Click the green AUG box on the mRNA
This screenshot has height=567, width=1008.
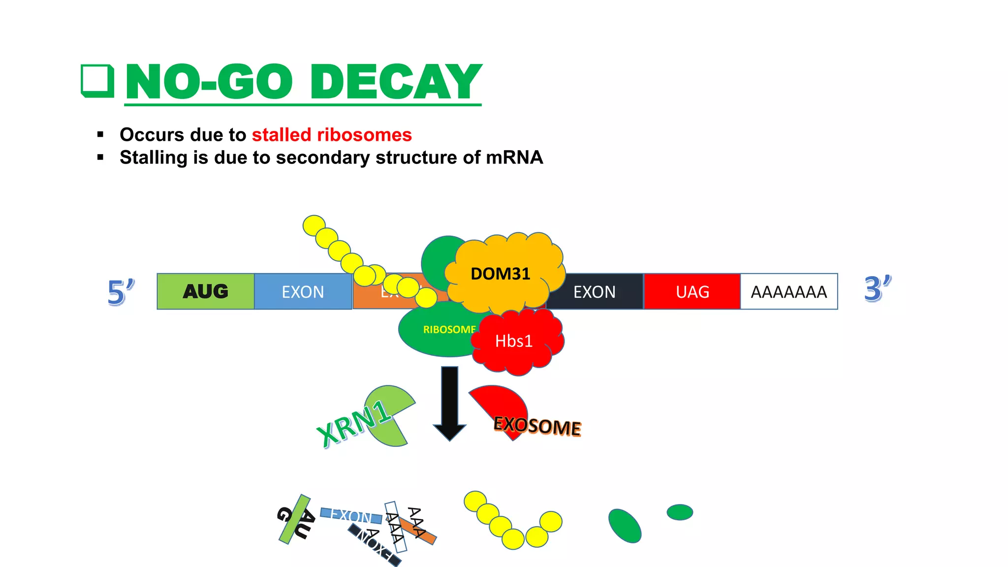pyautogui.click(x=206, y=291)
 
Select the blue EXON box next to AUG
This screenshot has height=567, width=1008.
pyautogui.click(x=303, y=291)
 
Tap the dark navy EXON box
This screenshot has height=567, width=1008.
pyautogui.click(x=595, y=292)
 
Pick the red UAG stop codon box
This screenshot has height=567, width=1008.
pyautogui.click(x=692, y=292)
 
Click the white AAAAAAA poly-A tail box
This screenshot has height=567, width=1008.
pyautogui.click(x=788, y=292)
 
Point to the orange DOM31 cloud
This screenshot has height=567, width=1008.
pyautogui.click(x=501, y=274)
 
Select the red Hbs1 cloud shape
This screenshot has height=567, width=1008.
pyautogui.click(x=514, y=341)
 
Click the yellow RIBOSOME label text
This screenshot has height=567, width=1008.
pyautogui.click(x=449, y=329)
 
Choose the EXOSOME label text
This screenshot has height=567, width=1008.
pyautogui.click(x=537, y=426)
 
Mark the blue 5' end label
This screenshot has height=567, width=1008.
pyautogui.click(x=120, y=292)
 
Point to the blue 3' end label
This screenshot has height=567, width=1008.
pyautogui.click(x=877, y=288)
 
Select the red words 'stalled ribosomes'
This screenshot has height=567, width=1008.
pyautogui.click(x=332, y=135)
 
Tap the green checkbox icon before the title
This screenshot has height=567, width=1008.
pyautogui.click(x=97, y=81)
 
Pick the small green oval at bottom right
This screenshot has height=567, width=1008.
pyautogui.click(x=680, y=512)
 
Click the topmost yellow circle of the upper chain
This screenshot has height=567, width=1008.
pyautogui.click(x=314, y=225)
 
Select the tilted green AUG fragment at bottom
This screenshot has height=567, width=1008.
pyautogui.click(x=295, y=519)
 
